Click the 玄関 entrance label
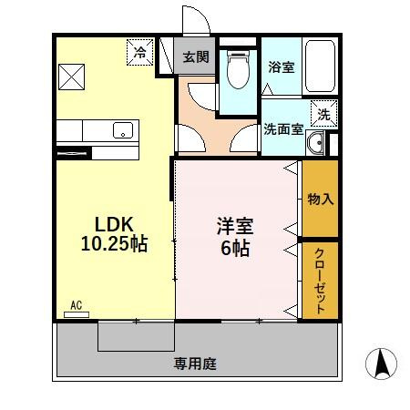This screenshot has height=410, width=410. [x=194, y=57]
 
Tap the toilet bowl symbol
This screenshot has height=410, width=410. [x=238, y=72]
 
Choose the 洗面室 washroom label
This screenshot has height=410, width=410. [x=282, y=129]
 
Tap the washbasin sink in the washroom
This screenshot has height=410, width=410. [x=317, y=142]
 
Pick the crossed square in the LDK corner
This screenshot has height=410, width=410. [x=72, y=77]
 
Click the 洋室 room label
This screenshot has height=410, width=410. [x=235, y=223]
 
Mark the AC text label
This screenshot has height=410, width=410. [x=76, y=306]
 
